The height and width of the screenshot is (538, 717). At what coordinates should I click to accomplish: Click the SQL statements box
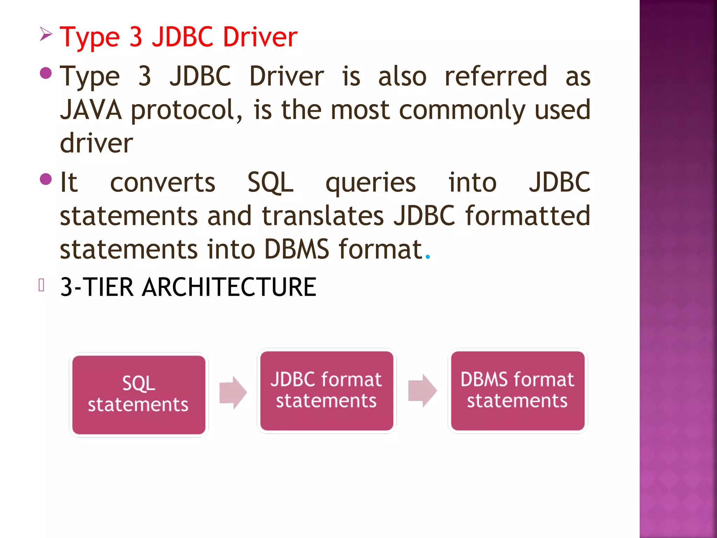[x=139, y=394]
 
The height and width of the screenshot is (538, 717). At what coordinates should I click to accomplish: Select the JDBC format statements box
[x=326, y=391]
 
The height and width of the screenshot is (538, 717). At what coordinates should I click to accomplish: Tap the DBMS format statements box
[x=517, y=391]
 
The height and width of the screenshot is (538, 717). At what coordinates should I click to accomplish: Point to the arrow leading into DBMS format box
[x=423, y=391]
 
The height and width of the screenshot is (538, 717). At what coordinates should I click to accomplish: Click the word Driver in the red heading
[x=260, y=37]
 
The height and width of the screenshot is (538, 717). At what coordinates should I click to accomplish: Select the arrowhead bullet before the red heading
[x=46, y=34]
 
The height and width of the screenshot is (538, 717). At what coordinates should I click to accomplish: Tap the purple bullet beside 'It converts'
[x=46, y=179]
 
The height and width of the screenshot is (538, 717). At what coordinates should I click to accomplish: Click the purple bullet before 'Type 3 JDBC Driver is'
[x=46, y=73]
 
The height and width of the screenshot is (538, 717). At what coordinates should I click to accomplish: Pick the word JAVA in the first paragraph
[x=91, y=110]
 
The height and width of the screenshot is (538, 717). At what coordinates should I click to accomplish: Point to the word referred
[x=496, y=76]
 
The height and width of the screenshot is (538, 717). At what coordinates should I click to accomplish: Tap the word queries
[x=370, y=183]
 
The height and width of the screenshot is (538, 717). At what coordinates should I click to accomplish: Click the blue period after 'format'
[x=427, y=257]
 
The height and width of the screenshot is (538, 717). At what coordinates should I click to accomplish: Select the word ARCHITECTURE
[x=229, y=287]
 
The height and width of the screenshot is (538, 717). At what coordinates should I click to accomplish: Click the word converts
[x=162, y=182]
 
